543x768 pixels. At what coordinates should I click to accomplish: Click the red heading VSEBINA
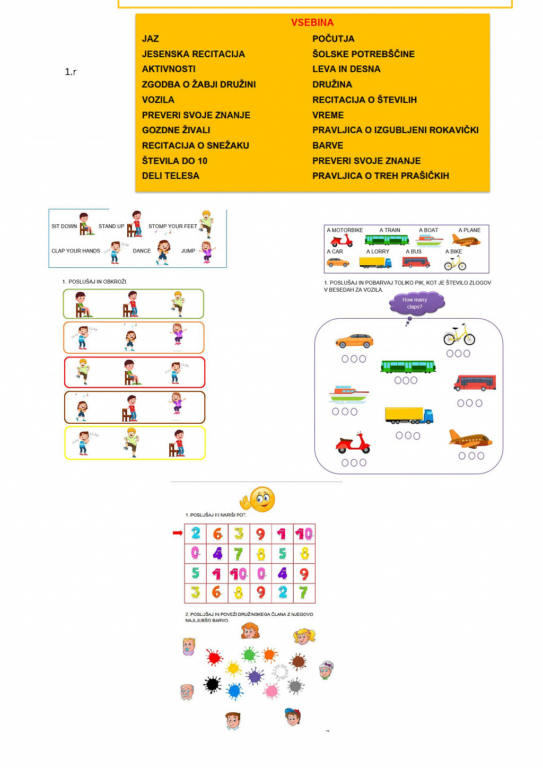coord(312,23)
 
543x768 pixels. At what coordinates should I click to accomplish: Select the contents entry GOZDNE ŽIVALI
coord(176,130)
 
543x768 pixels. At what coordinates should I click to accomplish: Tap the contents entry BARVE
coord(328,145)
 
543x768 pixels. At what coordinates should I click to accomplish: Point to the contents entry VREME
coord(328,115)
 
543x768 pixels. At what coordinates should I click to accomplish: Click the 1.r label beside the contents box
coord(71,72)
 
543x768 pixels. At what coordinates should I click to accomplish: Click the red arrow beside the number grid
coord(178,533)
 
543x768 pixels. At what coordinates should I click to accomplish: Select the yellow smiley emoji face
coord(262,499)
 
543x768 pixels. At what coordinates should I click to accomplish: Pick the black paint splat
coord(213,685)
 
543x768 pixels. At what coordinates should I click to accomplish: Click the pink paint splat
coord(271,691)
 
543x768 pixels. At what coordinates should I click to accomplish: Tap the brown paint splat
coord(299,661)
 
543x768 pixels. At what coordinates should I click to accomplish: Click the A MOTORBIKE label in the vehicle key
coord(345,230)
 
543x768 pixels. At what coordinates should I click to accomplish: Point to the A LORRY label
coord(378,251)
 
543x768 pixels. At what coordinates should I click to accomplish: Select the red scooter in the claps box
coord(353,443)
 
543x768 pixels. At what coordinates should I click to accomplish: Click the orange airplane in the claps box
coord(470,439)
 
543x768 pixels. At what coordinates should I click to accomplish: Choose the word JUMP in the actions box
coord(188,251)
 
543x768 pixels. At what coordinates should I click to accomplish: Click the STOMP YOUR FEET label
coord(172,226)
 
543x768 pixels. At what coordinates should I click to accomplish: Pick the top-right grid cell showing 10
coord(304,534)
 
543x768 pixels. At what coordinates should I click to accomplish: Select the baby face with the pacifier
coord(189,647)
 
